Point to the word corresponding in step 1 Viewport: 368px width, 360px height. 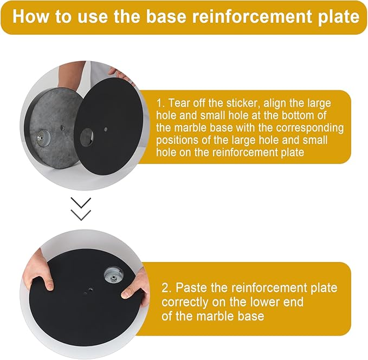310,128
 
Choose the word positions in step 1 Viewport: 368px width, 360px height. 176,141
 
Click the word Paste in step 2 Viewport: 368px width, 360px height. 191,287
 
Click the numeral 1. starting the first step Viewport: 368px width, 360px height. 160,103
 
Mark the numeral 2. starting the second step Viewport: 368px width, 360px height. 167,288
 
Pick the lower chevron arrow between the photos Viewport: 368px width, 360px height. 81,215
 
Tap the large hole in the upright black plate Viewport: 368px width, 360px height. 87,136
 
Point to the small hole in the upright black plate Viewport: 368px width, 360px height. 106,129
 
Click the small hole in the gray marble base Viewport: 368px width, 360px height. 62,128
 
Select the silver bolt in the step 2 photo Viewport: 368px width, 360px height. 114,278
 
